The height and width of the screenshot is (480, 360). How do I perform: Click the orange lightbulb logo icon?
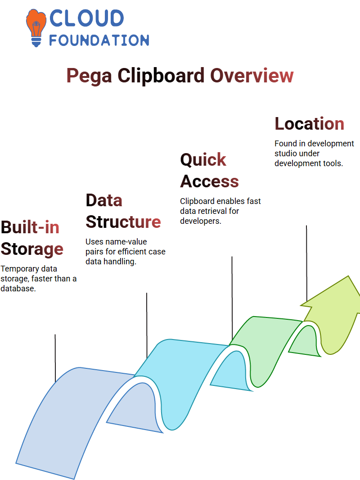[x=36, y=28]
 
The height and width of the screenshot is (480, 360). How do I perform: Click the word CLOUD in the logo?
[x=86, y=18]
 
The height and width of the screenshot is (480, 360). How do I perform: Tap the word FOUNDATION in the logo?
[x=99, y=41]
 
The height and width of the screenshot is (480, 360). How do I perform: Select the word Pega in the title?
[x=89, y=76]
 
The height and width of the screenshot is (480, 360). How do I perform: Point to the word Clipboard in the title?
[x=161, y=75]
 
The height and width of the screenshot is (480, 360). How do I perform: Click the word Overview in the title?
[x=252, y=75]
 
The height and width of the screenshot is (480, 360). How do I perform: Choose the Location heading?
[x=309, y=124]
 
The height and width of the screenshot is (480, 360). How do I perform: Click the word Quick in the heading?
[x=203, y=160]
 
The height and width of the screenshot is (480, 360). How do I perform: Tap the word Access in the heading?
[x=210, y=181]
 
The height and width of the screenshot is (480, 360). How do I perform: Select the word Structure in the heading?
[x=123, y=222]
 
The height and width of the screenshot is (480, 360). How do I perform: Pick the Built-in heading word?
[x=30, y=227]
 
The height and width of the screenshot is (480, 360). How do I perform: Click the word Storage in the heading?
[x=32, y=249]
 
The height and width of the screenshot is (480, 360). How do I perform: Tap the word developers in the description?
[x=200, y=221]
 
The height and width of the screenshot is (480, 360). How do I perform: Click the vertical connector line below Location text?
[x=306, y=264]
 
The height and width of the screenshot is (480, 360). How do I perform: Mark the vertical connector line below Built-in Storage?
[x=55, y=358]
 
